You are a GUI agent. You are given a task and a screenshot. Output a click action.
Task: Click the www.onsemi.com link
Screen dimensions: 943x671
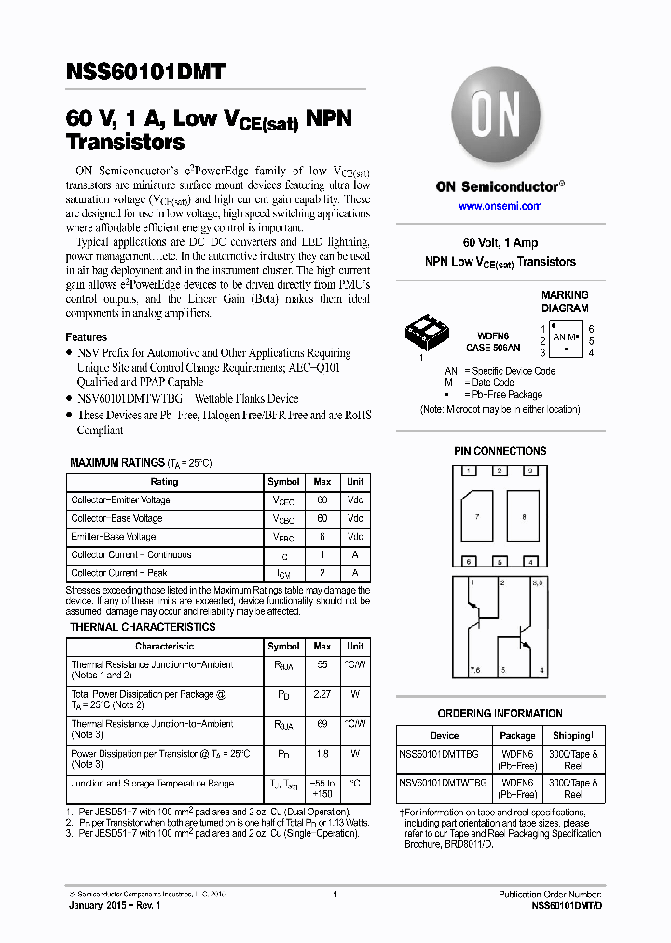(500, 206)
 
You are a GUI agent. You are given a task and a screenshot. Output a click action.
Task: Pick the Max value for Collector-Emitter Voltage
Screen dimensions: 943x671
(322, 500)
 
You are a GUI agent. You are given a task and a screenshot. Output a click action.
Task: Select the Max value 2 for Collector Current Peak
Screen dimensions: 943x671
(322, 573)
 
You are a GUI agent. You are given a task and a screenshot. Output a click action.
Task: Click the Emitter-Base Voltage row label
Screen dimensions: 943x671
(114, 537)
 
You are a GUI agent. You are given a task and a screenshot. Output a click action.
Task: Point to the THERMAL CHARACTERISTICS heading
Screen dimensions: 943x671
(143, 627)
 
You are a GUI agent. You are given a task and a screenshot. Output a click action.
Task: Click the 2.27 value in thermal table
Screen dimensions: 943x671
(322, 693)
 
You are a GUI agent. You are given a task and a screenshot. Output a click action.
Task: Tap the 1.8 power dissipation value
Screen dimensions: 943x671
(322, 753)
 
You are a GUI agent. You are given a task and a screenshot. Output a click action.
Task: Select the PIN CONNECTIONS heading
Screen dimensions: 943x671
(500, 451)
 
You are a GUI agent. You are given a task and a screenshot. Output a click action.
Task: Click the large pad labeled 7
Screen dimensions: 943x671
(478, 515)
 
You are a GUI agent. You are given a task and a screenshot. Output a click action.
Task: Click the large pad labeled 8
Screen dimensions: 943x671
(524, 515)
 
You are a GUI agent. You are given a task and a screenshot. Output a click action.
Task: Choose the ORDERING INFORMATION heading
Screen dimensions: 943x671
(500, 714)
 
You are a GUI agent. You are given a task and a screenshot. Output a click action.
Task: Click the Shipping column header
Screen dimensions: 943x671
(572, 735)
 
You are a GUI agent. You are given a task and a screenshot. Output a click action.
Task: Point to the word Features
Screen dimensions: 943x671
(86, 337)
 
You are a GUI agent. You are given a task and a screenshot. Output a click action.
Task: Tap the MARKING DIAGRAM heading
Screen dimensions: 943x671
(565, 302)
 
